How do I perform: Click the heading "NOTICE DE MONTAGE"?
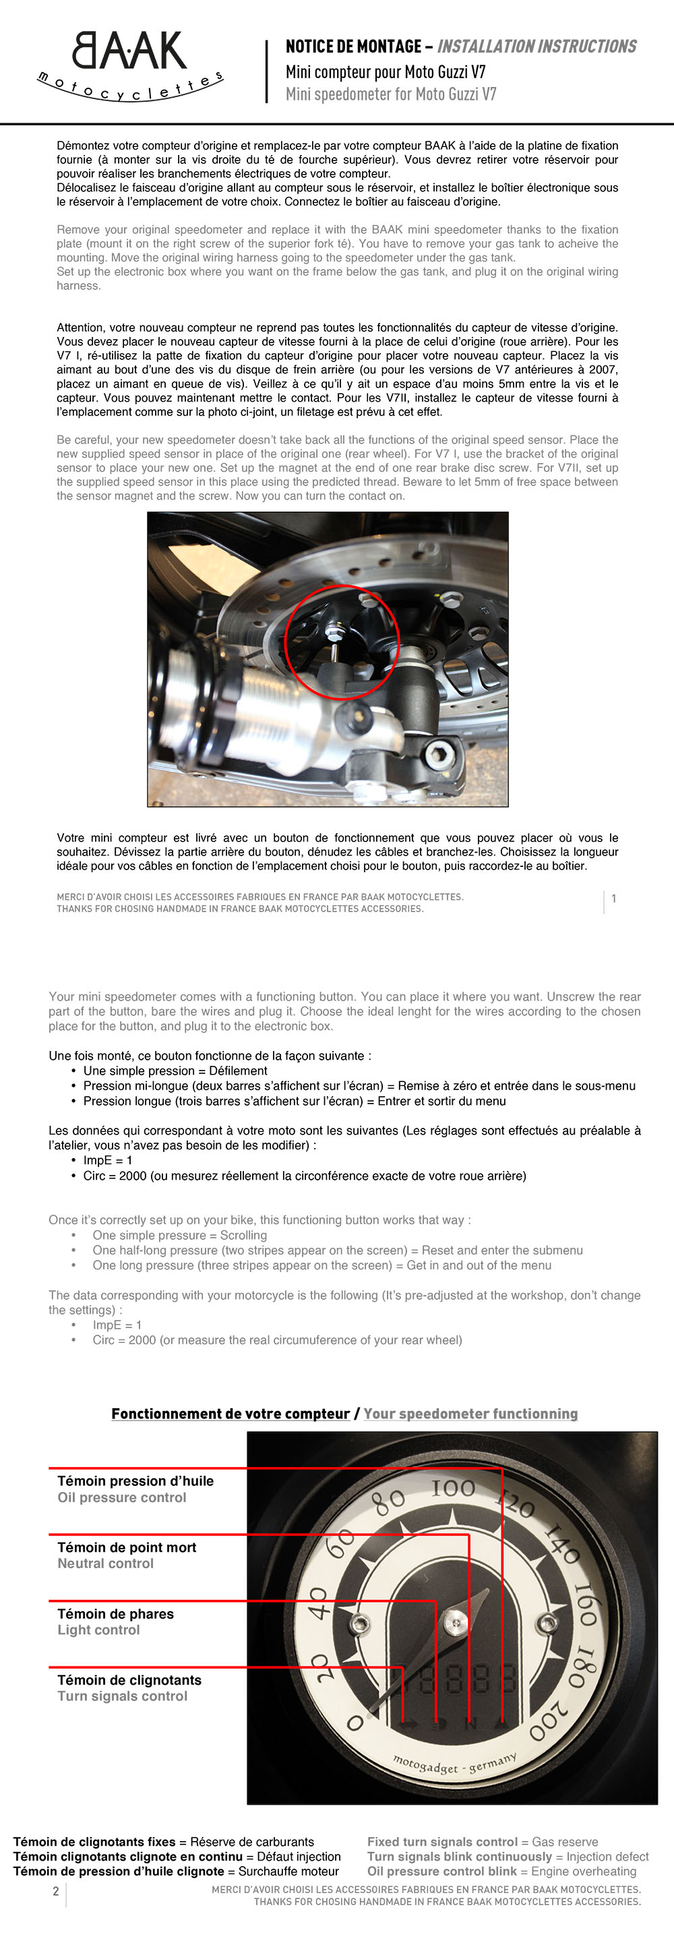click(x=354, y=47)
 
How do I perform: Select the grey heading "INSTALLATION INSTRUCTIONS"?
click(x=537, y=47)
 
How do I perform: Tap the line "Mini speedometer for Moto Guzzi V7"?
click(x=391, y=94)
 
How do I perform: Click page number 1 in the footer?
click(x=613, y=899)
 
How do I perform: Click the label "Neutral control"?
click(x=106, y=1563)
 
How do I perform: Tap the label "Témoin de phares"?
click(x=115, y=1613)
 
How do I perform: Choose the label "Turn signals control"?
click(x=122, y=1695)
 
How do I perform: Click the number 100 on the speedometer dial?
click(x=453, y=1488)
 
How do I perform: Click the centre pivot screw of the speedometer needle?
click(x=456, y=1623)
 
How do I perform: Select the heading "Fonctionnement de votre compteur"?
click(x=231, y=1413)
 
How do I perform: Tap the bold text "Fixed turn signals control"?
click(x=443, y=1842)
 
